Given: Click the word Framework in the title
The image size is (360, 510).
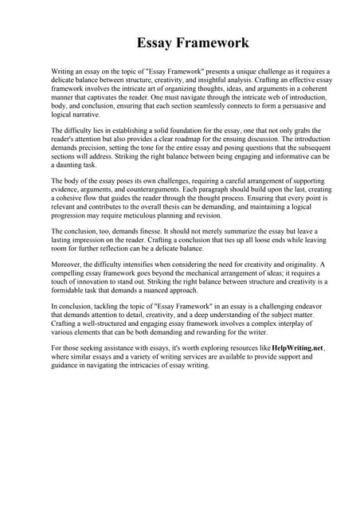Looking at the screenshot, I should pos(209,43).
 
